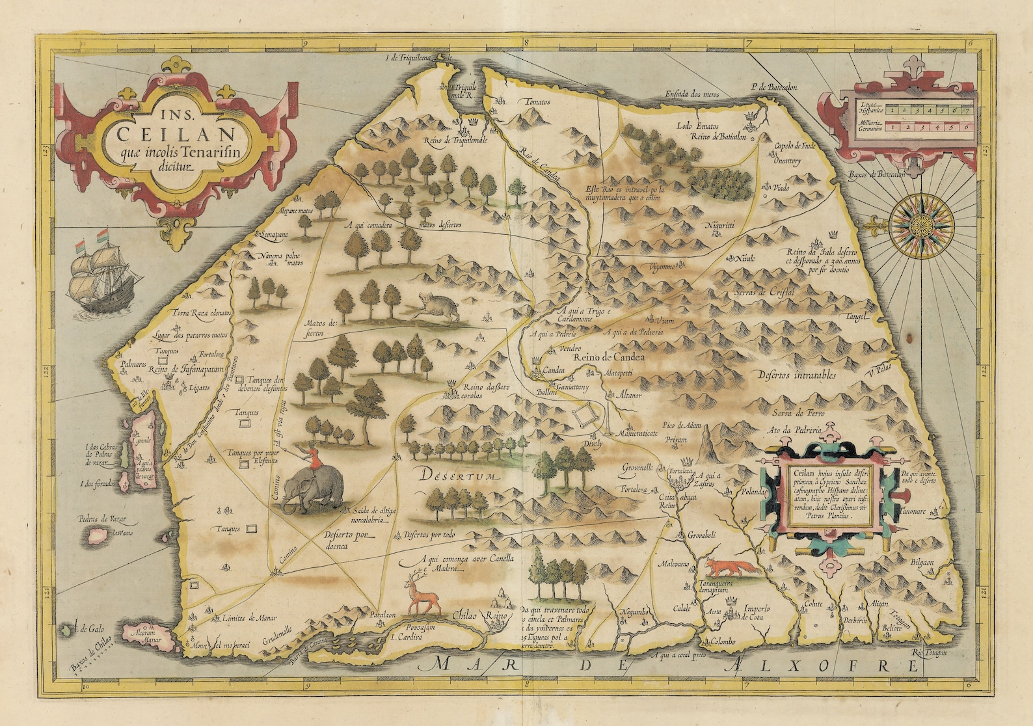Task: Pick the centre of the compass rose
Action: pos(920,222)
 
